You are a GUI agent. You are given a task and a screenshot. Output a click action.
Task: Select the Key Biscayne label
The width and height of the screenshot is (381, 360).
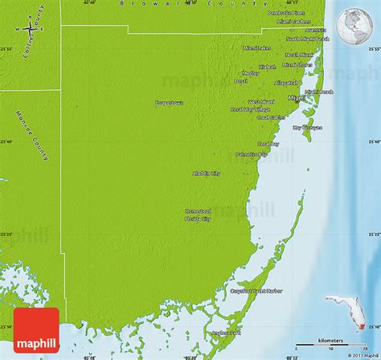tap(307, 126)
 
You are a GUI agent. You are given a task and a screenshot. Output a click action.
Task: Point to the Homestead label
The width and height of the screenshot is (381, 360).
tap(198, 211)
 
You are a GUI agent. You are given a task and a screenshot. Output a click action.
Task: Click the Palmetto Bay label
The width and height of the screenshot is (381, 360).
tap(252, 153)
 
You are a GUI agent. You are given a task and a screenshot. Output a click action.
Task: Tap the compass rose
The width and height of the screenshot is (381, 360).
tap(30, 29)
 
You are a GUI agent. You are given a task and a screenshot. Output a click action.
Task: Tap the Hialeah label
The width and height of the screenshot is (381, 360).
tap(268, 67)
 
